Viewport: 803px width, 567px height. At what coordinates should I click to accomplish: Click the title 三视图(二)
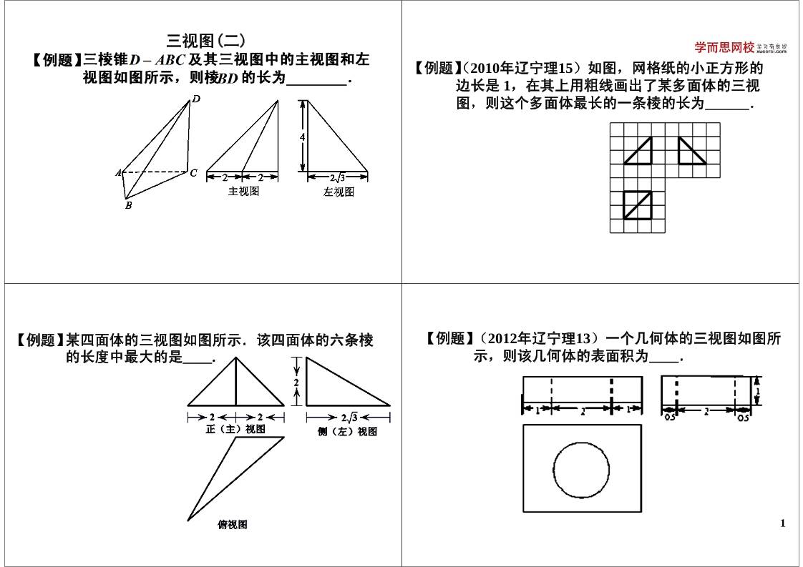[205, 41]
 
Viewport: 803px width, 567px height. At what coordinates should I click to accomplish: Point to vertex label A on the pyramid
[118, 173]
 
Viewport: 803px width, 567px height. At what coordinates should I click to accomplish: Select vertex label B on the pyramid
[128, 206]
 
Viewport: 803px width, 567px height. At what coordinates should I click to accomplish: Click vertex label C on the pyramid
[193, 172]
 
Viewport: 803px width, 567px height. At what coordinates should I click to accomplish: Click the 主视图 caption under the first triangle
[243, 192]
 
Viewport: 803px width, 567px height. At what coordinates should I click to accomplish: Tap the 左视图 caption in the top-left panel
[339, 192]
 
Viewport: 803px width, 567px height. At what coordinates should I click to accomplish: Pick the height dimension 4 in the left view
[303, 137]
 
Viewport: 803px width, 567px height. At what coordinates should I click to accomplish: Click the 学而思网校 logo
[724, 48]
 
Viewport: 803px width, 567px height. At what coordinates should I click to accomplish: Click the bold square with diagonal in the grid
[637, 204]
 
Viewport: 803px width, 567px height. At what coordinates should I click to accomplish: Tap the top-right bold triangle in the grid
[691, 151]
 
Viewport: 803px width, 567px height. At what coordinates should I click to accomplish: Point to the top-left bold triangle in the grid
[638, 151]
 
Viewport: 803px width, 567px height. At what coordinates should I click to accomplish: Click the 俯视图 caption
[233, 525]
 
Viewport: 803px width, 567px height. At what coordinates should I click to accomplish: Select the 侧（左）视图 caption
[348, 432]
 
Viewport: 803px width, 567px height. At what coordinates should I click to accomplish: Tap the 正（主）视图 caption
[235, 429]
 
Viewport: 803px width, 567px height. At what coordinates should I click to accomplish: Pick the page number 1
[782, 523]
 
